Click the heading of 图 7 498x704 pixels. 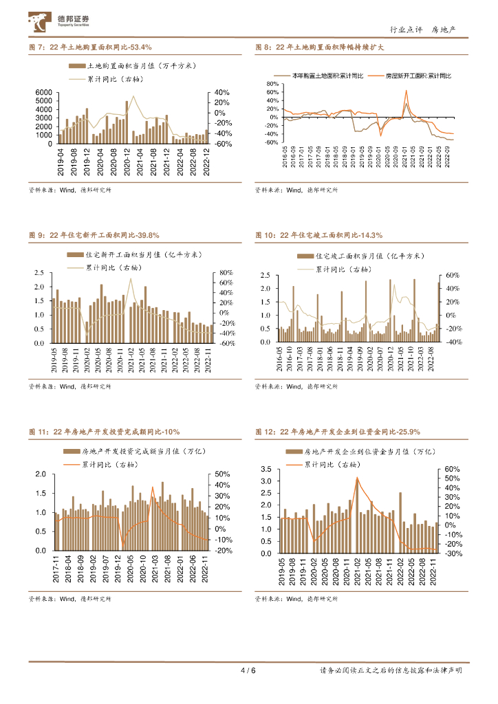(x=90, y=47)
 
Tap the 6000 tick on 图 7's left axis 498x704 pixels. (x=43, y=93)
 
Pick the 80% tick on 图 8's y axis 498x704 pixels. (x=272, y=83)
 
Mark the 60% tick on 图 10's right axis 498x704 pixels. (x=453, y=276)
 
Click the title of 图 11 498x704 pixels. (x=104, y=432)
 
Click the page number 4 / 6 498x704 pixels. (x=248, y=670)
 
